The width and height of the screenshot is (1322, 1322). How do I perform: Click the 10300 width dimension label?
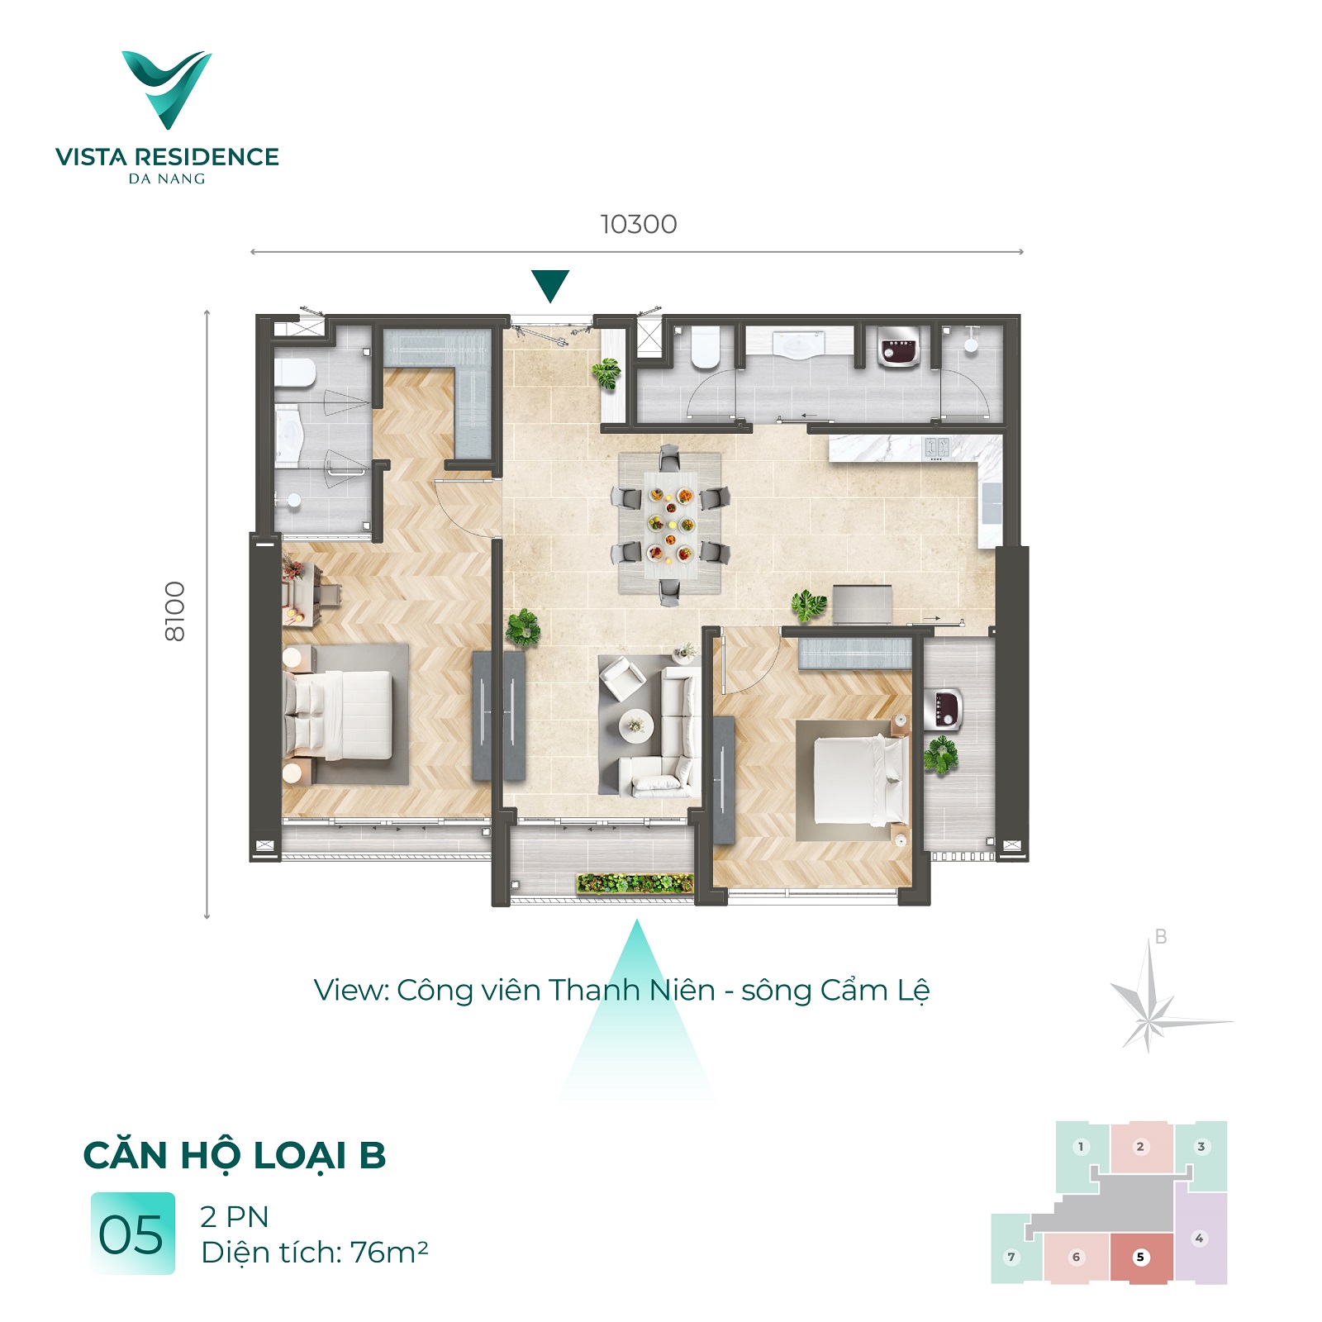(x=639, y=224)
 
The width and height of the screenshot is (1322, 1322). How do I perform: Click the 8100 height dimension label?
(x=175, y=611)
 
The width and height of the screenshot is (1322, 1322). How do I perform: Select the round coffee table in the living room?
(x=636, y=726)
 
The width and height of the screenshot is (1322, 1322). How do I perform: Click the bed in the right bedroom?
(x=859, y=780)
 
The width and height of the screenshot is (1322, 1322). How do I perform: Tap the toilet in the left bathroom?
(x=294, y=372)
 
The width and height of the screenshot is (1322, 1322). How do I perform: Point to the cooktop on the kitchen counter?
(x=936, y=448)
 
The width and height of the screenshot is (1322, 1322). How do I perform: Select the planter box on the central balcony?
(x=635, y=883)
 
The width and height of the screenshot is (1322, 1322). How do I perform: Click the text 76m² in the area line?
(x=389, y=1253)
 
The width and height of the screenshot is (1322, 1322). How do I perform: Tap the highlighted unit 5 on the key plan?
(x=1141, y=1257)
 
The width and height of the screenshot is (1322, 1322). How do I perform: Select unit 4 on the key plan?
(x=1200, y=1237)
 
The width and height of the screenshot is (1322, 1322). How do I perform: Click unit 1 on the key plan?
(x=1081, y=1147)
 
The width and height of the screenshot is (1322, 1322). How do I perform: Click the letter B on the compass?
(x=1161, y=937)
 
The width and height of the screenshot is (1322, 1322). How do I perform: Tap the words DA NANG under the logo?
(x=167, y=178)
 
